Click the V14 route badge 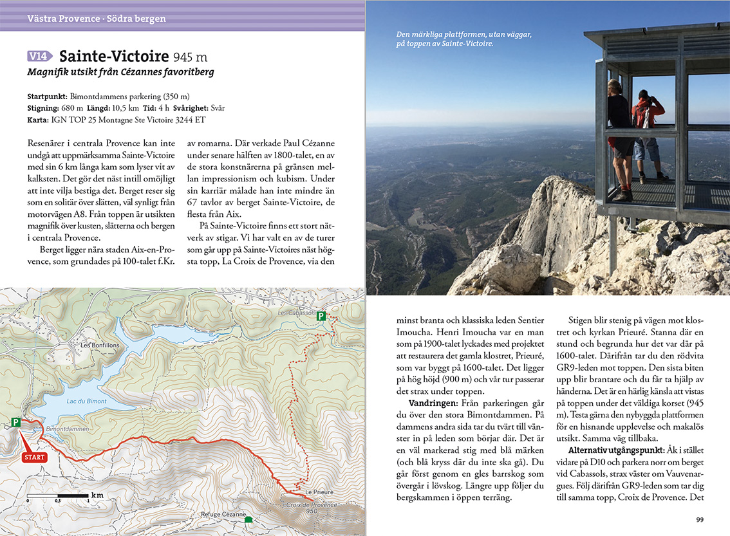pos(41,56)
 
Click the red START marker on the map pos(34,457)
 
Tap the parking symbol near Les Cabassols pos(321,316)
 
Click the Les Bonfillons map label pos(100,346)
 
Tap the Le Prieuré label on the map pos(319,492)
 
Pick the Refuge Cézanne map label pos(224,515)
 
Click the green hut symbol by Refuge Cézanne pos(248,520)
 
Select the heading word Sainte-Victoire pos(114,56)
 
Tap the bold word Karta pos(37,120)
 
